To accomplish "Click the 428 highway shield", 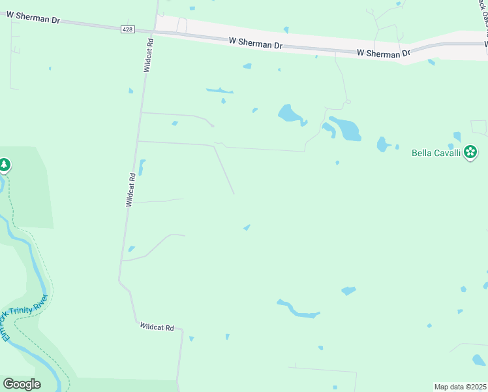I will pos(129,29).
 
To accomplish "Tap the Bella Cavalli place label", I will pos(436,154).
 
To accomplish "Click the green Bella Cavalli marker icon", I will pos(470,153).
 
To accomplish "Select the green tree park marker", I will pos(4,165).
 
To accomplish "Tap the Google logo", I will pos(22,384).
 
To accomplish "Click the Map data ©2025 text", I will pos(460,387).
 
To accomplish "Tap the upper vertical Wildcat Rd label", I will pos(149,54).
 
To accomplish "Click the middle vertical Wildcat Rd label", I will pos(131,190).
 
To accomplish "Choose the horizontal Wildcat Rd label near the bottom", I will pos(157,327).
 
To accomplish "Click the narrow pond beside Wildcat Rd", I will pos(142,167).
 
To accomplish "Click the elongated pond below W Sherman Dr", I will pos(219,91).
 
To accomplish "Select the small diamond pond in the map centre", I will pos(247,227).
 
